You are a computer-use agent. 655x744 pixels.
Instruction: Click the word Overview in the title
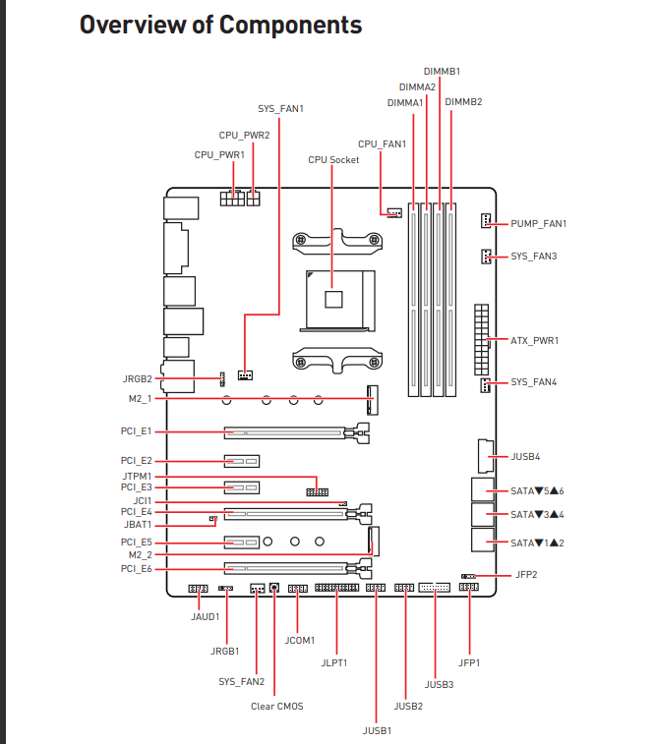[x=133, y=25]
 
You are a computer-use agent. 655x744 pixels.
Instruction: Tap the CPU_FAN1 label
[x=382, y=143]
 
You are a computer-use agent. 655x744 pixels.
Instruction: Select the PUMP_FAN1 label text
[x=538, y=223]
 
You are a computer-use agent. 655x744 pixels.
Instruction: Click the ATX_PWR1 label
[x=534, y=340]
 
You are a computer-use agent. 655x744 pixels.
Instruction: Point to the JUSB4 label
[x=525, y=456]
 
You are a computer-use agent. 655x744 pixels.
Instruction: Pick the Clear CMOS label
[x=276, y=706]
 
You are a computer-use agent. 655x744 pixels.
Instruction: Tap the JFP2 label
[x=526, y=575]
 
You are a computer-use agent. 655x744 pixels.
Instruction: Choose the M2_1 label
[x=140, y=399]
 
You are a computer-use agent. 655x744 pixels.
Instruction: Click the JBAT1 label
[x=138, y=524]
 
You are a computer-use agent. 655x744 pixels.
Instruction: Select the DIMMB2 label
[x=463, y=101]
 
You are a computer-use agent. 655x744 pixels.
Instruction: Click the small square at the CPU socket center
[x=333, y=300]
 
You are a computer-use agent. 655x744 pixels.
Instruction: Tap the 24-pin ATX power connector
[x=481, y=340]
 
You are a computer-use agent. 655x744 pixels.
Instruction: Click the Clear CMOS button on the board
[x=273, y=588]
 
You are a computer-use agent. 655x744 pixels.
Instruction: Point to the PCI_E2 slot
[x=242, y=461]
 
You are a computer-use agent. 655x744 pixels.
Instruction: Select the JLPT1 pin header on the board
[x=336, y=588]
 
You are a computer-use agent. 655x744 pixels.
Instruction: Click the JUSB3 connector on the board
[x=435, y=588]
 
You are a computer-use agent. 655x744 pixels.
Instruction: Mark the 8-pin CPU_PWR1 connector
[x=232, y=199]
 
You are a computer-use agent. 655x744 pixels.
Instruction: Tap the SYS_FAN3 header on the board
[x=486, y=257]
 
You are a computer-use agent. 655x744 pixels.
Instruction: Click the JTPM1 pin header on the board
[x=317, y=492]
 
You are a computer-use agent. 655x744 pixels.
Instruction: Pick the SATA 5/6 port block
[x=483, y=489]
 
